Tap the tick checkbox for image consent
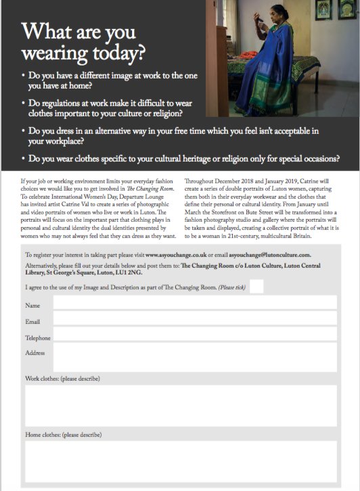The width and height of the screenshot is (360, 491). (x=267, y=287)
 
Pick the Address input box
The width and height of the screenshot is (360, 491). (x=195, y=357)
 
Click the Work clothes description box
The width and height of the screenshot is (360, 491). (x=181, y=405)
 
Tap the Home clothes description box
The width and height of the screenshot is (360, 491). (x=181, y=461)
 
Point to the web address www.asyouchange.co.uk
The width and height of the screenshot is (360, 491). (x=175, y=255)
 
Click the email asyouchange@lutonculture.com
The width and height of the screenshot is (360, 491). (x=269, y=255)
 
